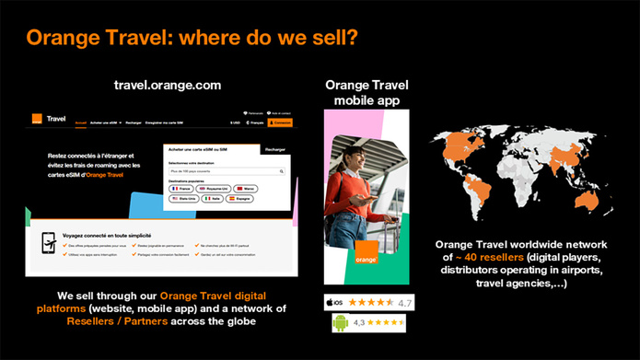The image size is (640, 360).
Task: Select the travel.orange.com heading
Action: coord(167,85)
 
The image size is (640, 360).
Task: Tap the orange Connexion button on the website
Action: coord(282,122)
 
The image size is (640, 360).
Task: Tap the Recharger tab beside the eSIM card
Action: coord(274,148)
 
